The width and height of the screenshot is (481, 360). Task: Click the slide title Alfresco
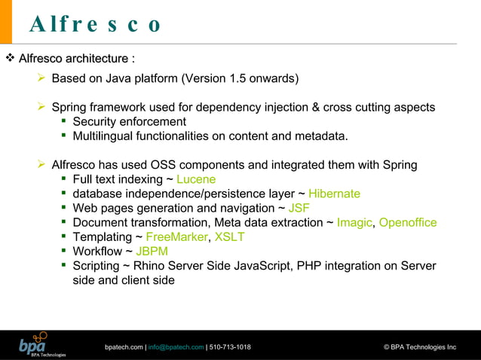[96, 26]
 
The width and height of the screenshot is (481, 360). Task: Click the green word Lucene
[196, 179]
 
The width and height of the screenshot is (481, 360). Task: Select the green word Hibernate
[334, 194]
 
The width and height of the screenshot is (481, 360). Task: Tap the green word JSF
[299, 208]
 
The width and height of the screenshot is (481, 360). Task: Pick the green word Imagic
[354, 222]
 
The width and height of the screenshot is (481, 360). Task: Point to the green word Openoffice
[408, 222]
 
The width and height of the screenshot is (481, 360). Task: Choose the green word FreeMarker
[175, 237]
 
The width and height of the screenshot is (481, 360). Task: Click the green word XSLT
[229, 237]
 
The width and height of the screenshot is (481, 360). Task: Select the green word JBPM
[152, 252]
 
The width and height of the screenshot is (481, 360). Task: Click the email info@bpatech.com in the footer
[175, 347]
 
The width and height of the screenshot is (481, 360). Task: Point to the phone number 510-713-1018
[231, 347]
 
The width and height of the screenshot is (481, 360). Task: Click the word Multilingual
[107, 136]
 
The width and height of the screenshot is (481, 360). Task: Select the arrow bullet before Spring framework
[42, 108]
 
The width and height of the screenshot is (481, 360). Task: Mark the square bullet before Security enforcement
[65, 122]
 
